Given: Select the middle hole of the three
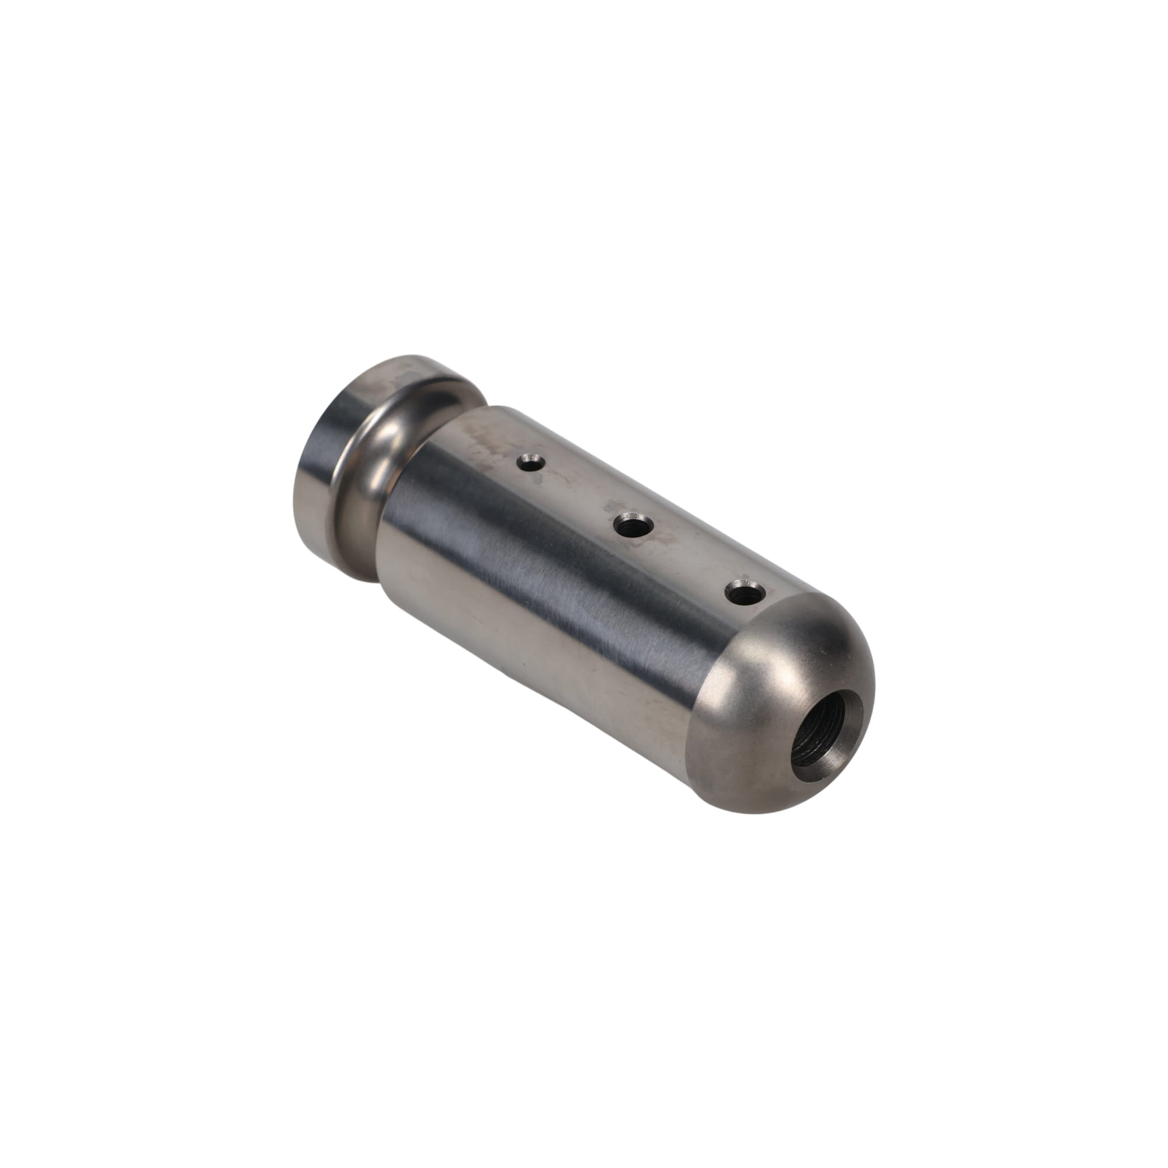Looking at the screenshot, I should [632, 525].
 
